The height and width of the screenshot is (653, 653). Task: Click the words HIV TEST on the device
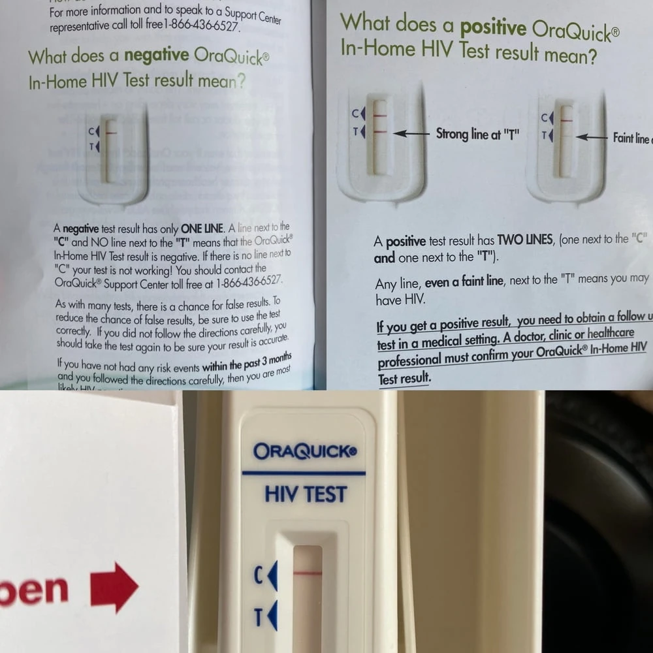pos(306,494)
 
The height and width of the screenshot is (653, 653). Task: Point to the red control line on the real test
pos(308,573)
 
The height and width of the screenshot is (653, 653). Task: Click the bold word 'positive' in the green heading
pos(493,28)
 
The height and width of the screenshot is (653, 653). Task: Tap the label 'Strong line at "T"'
pos(477,135)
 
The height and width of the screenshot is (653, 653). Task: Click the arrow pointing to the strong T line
pos(411,133)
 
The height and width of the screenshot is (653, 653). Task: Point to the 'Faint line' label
pos(631,138)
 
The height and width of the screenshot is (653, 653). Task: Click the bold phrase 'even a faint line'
pos(464,283)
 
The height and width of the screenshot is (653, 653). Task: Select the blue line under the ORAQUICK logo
pos(304,473)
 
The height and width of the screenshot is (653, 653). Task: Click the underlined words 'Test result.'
pos(404,378)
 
